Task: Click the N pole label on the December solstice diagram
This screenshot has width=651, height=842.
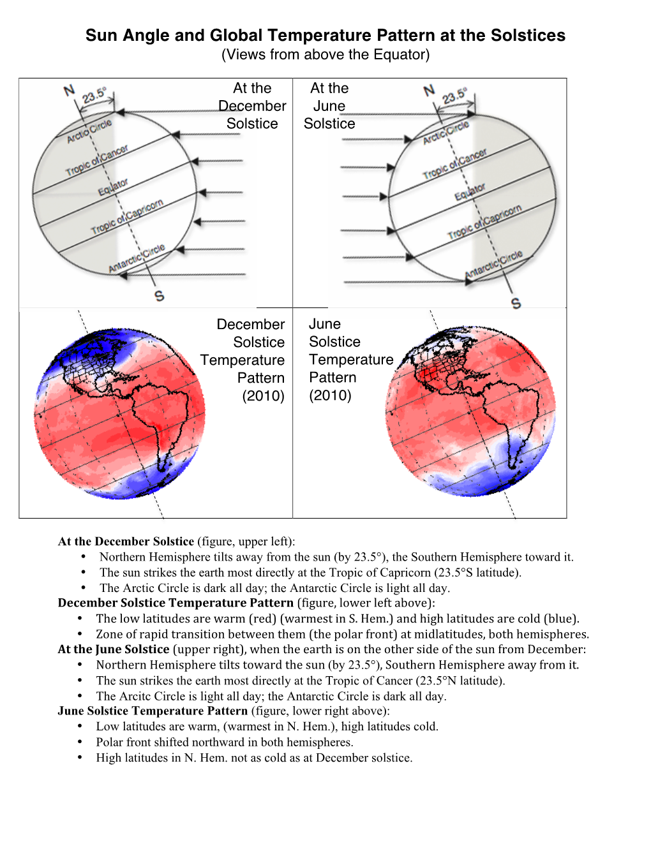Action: pos(70,91)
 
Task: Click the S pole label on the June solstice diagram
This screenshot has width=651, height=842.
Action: pos(516,303)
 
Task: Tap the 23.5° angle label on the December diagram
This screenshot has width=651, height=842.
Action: pos(94,96)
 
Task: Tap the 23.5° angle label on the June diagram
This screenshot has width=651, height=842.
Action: pos(454,96)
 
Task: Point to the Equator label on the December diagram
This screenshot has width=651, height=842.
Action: pos(113,188)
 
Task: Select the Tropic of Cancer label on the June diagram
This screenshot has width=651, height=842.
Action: pos(454,164)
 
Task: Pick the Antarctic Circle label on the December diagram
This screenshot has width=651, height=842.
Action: pos(137,257)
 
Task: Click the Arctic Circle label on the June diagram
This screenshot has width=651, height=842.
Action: pos(445,132)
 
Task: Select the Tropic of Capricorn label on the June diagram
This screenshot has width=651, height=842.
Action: pos(484,221)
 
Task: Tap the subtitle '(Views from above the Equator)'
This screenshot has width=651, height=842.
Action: pos(325,55)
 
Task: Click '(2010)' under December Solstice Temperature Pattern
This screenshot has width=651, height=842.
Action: pos(263,395)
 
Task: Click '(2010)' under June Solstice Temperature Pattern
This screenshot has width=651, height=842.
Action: pos(330,395)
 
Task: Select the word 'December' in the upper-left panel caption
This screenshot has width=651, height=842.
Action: pos(252,106)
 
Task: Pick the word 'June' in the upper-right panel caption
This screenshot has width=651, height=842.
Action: pos(329,106)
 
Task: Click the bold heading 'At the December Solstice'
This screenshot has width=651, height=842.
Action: pos(126,542)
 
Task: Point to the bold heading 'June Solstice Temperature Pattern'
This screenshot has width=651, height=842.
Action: pos(153,711)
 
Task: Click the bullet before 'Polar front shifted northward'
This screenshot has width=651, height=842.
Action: pos(80,742)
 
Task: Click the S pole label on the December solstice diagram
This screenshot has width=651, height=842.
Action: pos(159,295)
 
